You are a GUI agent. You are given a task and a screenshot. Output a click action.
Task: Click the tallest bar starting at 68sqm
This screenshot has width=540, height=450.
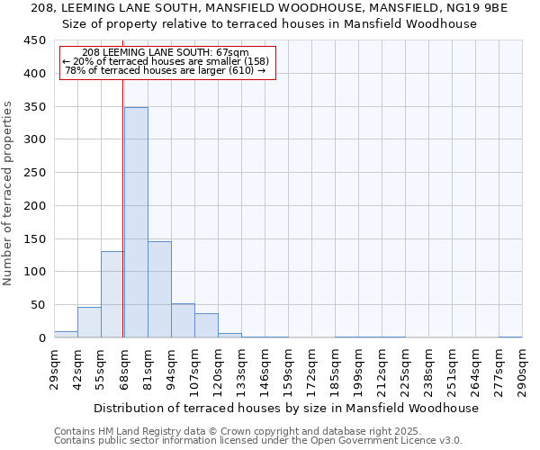tap(136, 222)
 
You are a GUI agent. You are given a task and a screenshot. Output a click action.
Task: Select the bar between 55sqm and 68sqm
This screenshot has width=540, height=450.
tap(112, 294)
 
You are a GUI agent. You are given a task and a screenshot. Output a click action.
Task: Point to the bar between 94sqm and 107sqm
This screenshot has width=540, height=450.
tap(183, 320)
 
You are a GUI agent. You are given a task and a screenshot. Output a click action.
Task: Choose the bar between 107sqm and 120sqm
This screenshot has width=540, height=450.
tap(206, 325)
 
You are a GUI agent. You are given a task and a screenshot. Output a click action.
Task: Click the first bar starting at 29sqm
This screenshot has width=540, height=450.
tap(66, 334)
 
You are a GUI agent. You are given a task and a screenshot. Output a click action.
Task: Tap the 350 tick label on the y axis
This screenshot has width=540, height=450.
tap(34, 106)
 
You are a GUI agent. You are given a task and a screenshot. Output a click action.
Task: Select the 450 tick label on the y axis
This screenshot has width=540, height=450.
tap(34, 40)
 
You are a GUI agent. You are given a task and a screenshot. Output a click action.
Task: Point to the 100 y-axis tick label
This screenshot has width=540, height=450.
tap(34, 272)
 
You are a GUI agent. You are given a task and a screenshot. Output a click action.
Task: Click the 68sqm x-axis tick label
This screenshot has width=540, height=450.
tap(124, 368)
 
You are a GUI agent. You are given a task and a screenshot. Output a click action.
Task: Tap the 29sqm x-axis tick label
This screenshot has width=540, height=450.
tap(54, 368)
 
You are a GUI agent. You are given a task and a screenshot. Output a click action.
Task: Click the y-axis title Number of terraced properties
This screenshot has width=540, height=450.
tap(9, 193)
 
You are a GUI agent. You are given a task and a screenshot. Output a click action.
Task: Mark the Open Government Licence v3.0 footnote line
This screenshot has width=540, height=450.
tap(258, 440)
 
